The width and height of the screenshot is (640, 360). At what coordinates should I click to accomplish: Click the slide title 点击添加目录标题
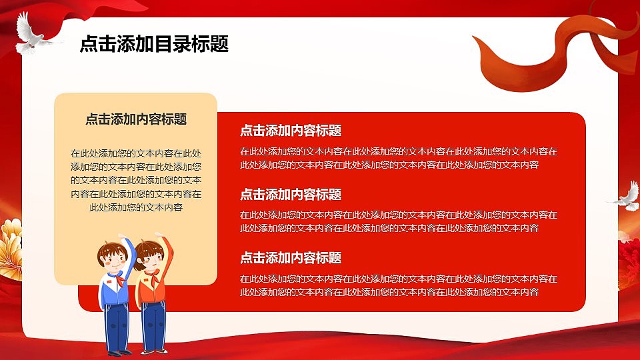pos(154,44)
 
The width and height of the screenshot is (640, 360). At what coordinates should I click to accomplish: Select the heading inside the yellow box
pos(136,119)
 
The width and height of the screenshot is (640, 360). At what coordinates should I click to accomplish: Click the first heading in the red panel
pos(291,131)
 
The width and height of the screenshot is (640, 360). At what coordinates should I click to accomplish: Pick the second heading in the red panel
pos(291,195)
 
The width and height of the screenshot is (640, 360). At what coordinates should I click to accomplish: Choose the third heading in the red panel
pos(291,258)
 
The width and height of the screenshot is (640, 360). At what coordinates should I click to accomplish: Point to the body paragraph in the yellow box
pos(136,180)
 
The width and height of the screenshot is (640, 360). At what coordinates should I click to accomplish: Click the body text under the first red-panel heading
pos(399,158)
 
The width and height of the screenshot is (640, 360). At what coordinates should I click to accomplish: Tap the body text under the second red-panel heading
pos(399,221)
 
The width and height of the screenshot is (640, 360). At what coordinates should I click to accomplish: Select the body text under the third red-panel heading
pos(399,285)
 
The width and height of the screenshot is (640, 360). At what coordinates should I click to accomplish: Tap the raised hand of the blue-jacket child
pos(122,237)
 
